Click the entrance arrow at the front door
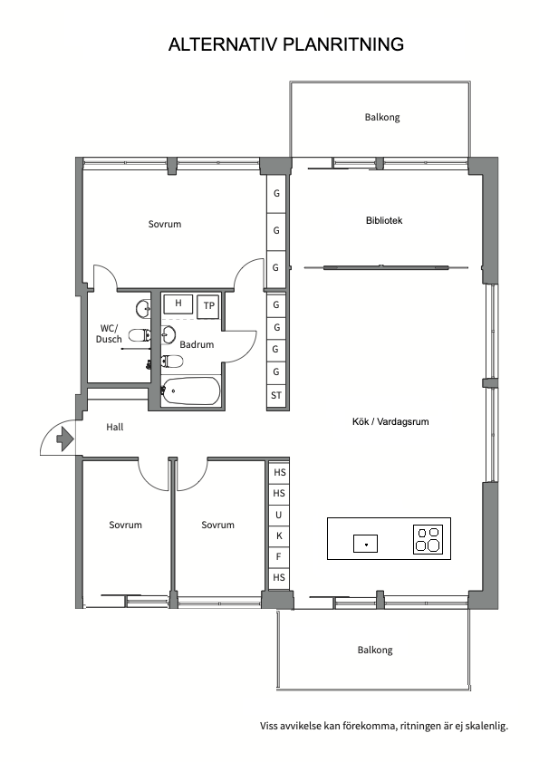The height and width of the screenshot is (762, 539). (65, 439)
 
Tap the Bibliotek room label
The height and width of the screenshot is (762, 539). (384, 220)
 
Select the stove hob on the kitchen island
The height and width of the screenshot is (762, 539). (428, 539)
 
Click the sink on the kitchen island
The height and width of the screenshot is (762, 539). (365, 544)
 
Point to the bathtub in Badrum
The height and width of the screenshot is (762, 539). (190, 391)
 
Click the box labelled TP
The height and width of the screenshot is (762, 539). (209, 306)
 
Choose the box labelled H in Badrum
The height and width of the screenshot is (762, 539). (178, 304)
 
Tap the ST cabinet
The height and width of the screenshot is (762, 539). (276, 396)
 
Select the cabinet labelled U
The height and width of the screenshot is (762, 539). (279, 516)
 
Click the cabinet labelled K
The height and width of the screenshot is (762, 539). (279, 536)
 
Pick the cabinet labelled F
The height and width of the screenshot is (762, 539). (279, 557)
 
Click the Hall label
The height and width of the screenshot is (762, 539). (115, 427)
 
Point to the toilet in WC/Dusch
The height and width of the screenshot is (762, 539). (140, 335)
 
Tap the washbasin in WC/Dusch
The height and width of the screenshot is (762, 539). (143, 308)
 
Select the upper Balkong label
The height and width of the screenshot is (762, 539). (382, 117)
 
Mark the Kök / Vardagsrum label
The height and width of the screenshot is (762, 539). (390, 421)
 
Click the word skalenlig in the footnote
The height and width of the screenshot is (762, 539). (486, 726)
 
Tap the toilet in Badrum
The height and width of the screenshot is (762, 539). (172, 362)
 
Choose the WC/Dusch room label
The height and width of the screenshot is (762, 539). (109, 333)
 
